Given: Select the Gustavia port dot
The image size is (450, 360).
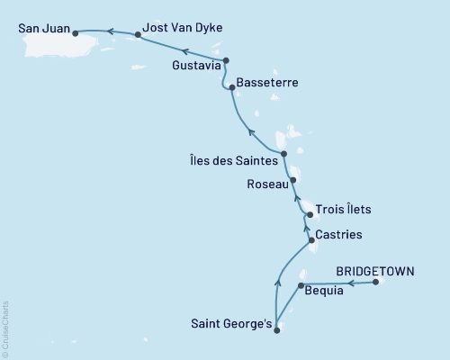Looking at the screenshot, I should point(226,61).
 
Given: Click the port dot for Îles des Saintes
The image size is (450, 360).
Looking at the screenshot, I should point(283,154).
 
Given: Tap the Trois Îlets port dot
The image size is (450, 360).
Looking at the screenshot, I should point(310,215).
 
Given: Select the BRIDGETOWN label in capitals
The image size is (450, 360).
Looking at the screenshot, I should point(369,269).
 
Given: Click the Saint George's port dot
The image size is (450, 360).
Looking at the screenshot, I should point(276,330).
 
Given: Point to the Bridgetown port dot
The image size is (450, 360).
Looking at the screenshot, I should point(376,283).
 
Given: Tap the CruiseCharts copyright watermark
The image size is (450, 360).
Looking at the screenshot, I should point(5,328).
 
